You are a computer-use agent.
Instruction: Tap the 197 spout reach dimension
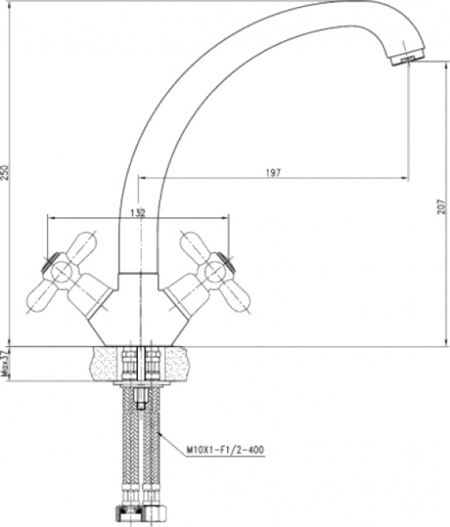(x=272, y=173)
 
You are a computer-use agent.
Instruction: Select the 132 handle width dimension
(x=137, y=212)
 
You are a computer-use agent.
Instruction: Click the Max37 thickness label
(x=5, y=364)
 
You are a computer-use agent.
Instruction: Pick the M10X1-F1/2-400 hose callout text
(x=225, y=449)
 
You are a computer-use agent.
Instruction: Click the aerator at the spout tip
(x=402, y=58)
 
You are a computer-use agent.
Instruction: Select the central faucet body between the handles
(x=139, y=312)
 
